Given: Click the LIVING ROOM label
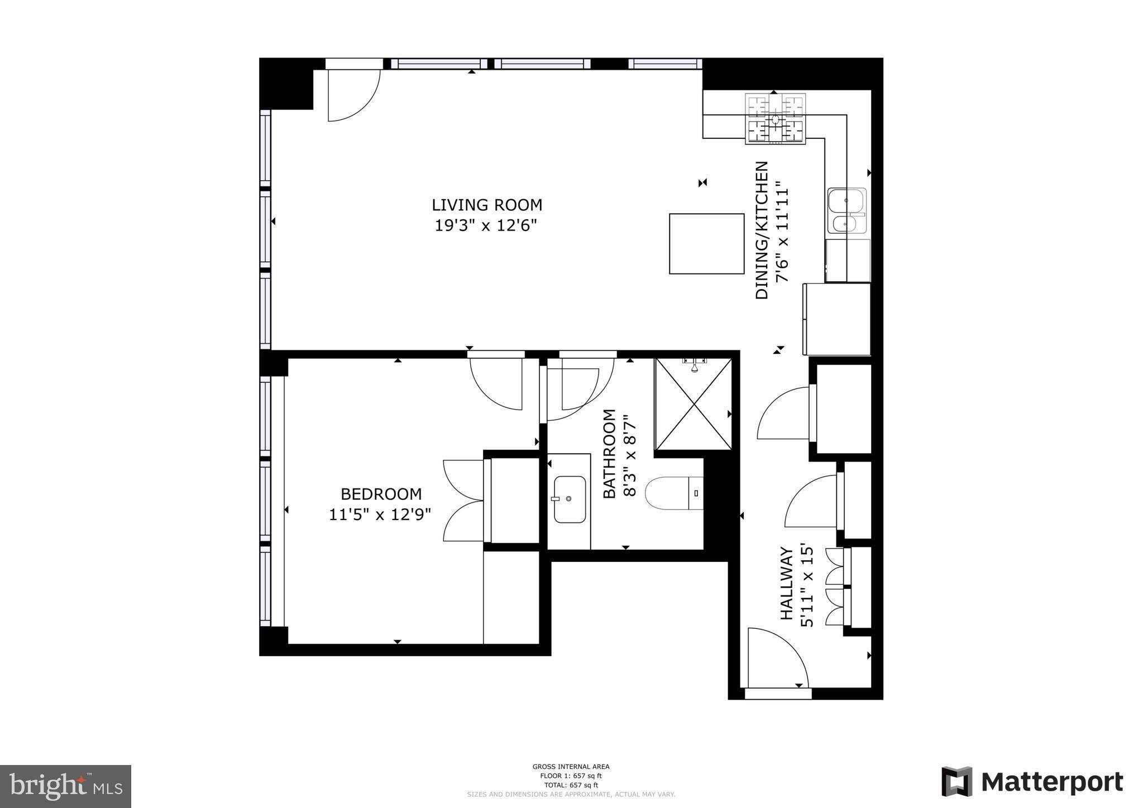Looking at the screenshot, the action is point(487,205).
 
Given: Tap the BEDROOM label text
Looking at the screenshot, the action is point(381,494).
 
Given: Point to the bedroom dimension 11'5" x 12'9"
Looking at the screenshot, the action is point(380,514).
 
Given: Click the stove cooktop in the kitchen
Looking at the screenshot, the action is point(776,118).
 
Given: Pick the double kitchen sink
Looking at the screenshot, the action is point(847,210).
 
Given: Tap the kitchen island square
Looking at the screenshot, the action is point(707,243).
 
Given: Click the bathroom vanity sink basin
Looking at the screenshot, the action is point(570,499).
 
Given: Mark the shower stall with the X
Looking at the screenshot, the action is point(693,404).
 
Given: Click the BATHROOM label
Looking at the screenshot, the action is point(609,454).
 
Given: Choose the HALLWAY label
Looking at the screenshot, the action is point(787,583).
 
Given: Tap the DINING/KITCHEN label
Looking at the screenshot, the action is point(762,230).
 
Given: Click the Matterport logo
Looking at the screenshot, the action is point(1032,782).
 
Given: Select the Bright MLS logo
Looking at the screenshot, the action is point(66,787).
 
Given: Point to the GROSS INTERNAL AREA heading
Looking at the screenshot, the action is point(571,767).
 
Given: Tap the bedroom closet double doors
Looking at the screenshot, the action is point(463,500).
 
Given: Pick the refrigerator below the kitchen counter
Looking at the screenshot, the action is point(836,319).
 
